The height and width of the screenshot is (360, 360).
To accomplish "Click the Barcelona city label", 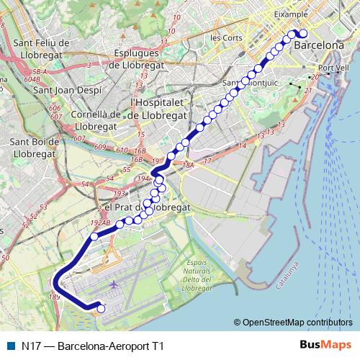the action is click(x=319, y=45).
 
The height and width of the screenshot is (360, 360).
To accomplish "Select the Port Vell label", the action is click(x=333, y=68).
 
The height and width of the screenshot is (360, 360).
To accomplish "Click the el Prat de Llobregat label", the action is click(x=148, y=207).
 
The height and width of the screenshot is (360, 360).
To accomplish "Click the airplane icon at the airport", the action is click(x=114, y=285).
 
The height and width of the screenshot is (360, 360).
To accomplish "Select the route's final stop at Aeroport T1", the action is click(x=101, y=309).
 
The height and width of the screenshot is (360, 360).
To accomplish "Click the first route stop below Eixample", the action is click(x=302, y=33).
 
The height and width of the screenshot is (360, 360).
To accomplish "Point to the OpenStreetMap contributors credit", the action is click(x=293, y=323).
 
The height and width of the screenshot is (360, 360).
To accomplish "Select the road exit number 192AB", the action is click(x=101, y=223).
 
